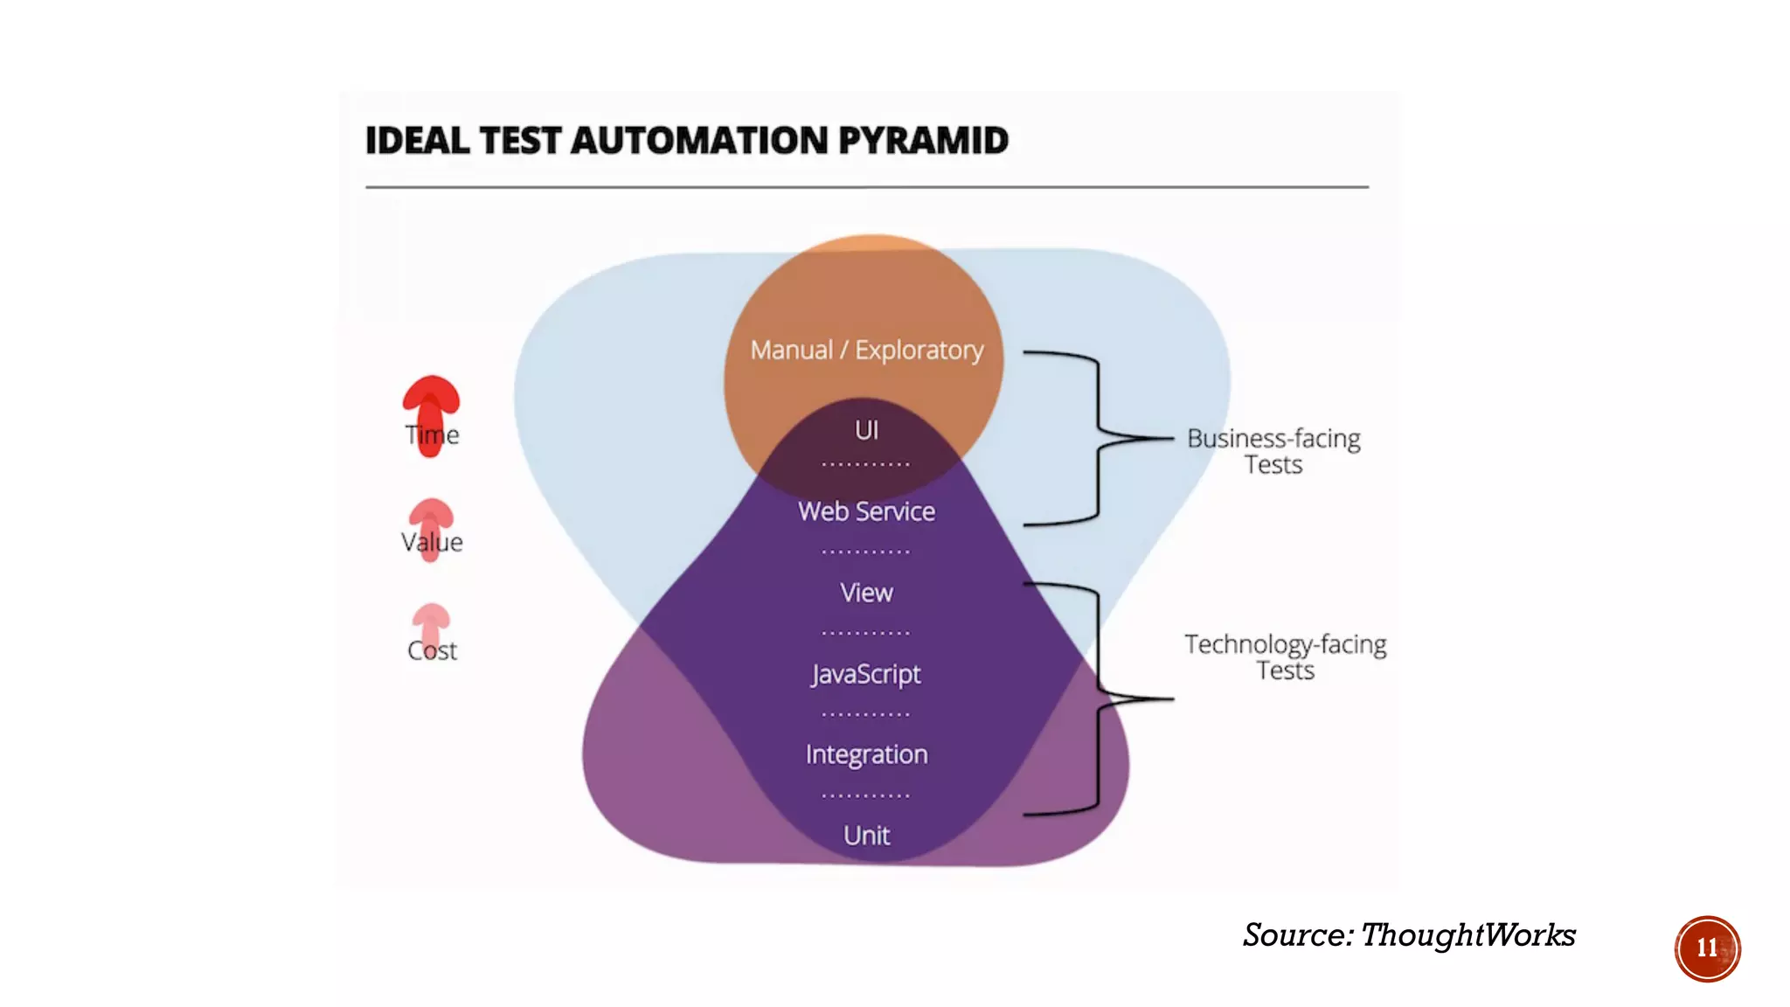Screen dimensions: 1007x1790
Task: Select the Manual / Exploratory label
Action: pos(866,351)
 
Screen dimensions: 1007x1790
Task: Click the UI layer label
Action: pos(866,430)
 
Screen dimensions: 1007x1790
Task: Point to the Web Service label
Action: pos(866,511)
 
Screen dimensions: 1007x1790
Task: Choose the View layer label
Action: pos(866,593)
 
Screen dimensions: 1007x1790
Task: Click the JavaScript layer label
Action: pos(866,674)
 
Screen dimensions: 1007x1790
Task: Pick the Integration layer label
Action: pos(866,754)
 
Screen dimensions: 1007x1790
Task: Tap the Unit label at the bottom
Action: pos(866,836)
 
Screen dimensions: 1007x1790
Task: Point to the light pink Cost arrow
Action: pos(431,625)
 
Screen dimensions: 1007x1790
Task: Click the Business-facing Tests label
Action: pos(1273,451)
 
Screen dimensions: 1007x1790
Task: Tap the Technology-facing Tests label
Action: pos(1285,657)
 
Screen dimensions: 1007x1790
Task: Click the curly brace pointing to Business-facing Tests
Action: pos(1099,437)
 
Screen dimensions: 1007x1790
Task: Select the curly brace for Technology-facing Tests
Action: pos(1099,698)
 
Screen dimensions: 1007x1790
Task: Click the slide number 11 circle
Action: pos(1707,948)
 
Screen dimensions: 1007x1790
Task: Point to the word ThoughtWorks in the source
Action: pos(1468,935)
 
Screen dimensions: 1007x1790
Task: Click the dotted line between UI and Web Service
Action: pos(865,464)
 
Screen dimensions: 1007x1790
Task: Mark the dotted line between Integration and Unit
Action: pos(865,795)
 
